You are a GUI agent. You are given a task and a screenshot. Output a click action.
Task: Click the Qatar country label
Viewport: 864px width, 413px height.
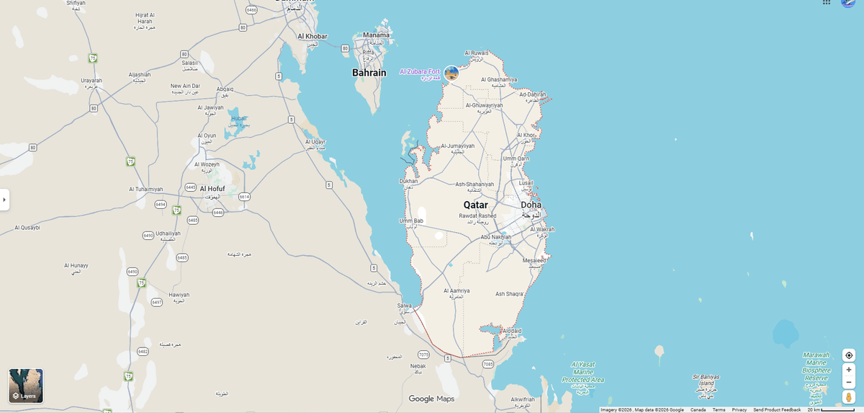click(475, 205)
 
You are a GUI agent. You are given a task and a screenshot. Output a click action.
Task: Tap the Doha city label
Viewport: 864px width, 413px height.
click(531, 205)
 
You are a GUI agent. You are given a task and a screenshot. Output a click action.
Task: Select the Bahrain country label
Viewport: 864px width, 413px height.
click(369, 73)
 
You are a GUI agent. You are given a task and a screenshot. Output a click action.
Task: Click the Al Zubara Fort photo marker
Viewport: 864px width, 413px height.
click(451, 73)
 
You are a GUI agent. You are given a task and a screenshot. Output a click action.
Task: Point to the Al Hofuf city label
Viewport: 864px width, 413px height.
click(211, 189)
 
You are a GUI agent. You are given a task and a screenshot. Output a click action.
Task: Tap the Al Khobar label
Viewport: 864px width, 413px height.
click(312, 36)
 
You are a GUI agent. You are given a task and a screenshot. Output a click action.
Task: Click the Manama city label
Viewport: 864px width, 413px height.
click(376, 35)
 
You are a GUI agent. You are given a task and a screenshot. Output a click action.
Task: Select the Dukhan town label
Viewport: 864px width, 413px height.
click(408, 181)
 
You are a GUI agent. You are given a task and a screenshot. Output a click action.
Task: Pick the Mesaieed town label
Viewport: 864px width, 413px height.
click(534, 260)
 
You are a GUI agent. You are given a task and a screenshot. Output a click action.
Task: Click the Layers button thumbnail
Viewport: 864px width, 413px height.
click(26, 386)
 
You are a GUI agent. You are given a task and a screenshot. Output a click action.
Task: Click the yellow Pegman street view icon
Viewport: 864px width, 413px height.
click(849, 397)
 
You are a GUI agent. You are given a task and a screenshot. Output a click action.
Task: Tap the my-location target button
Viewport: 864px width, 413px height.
click(849, 355)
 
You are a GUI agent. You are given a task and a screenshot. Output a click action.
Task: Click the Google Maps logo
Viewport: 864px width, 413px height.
click(431, 399)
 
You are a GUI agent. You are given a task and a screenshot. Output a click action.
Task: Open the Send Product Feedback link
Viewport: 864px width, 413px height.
click(777, 409)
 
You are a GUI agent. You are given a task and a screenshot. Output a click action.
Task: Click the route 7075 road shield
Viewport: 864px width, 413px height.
click(423, 355)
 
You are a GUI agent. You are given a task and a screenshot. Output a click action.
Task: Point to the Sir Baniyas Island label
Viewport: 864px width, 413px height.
click(706, 380)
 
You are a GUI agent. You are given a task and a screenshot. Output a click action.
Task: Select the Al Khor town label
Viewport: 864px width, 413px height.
click(526, 135)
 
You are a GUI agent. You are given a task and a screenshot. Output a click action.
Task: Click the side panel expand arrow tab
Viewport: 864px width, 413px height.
click(4, 200)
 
